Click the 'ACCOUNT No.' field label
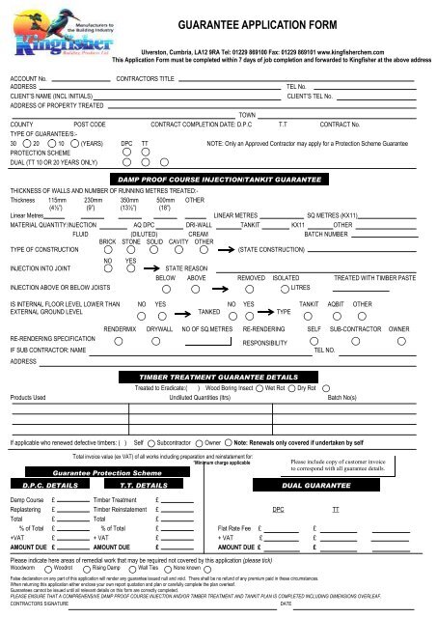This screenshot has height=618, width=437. pyautogui.click(x=28, y=75)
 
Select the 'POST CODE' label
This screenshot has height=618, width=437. pyautogui.click(x=90, y=125)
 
